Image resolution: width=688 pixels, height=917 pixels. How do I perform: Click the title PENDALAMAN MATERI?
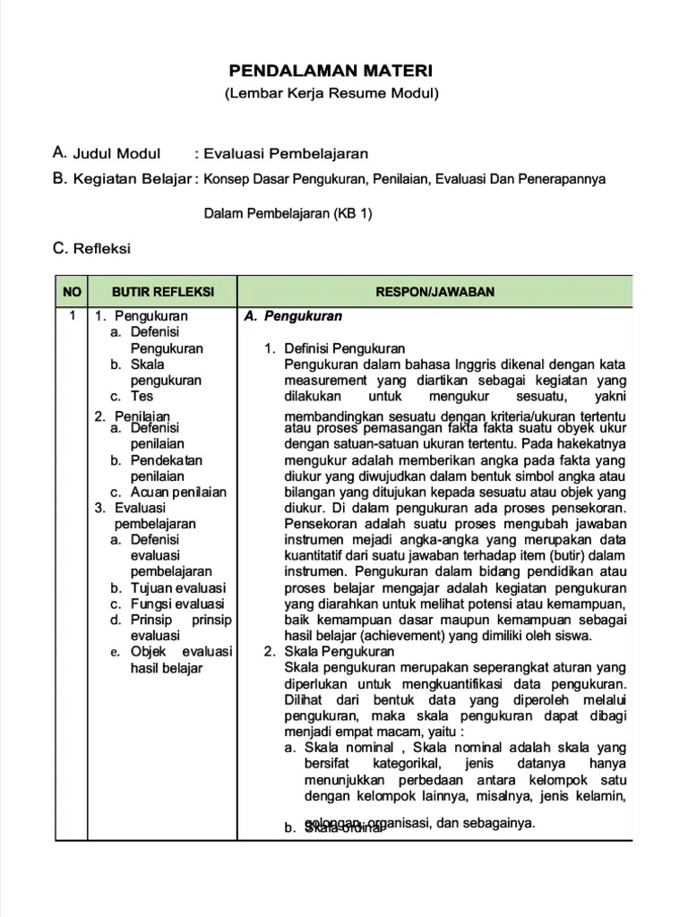pyautogui.click(x=331, y=70)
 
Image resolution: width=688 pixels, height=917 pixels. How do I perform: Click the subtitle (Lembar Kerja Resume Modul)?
pyautogui.click(x=331, y=93)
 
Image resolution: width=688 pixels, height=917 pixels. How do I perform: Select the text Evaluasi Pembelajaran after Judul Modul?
pyautogui.click(x=287, y=153)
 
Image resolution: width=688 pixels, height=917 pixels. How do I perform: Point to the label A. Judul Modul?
pyautogui.click(x=107, y=153)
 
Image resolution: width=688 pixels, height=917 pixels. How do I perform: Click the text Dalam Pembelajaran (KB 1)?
pyautogui.click(x=287, y=213)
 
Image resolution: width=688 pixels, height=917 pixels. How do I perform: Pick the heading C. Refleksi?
pyautogui.click(x=92, y=248)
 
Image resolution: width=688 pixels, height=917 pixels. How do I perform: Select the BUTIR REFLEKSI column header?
pyautogui.click(x=162, y=292)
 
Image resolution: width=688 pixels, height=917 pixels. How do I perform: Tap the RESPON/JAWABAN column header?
pyautogui.click(x=435, y=292)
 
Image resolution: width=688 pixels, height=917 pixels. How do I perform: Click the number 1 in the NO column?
pyautogui.click(x=72, y=316)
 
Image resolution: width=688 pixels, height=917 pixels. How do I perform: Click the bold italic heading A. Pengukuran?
pyautogui.click(x=293, y=316)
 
